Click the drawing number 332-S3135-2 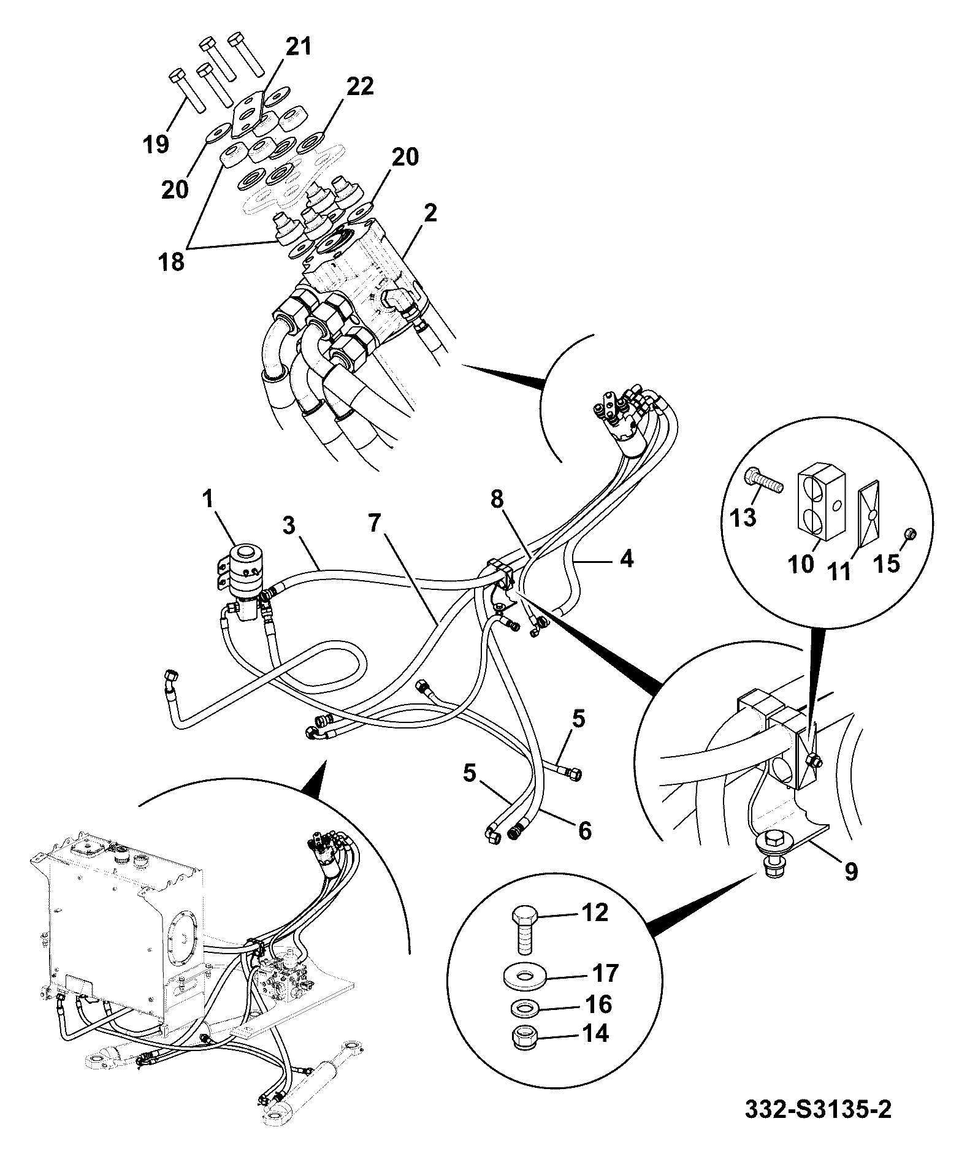pos(817,1109)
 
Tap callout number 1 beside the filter pos(208,499)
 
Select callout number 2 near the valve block pos(430,214)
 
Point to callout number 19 pos(156,144)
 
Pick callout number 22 pos(359,86)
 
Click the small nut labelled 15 pos(911,533)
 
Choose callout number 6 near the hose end pos(584,831)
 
